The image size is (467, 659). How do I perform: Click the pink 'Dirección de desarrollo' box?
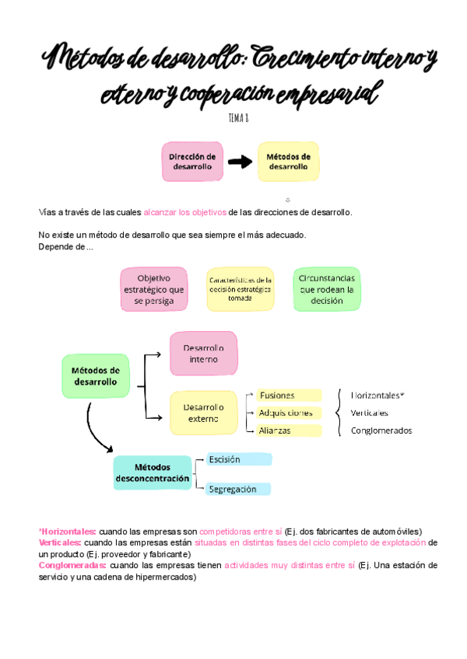pos(192,162)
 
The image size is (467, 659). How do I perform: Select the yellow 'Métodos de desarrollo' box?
pos(288,162)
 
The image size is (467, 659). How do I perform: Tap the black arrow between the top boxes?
pos(240,162)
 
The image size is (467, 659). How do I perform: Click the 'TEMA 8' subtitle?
pos(238,119)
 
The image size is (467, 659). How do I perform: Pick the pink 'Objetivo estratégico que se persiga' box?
pos(153,289)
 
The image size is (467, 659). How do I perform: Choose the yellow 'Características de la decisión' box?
pos(240,289)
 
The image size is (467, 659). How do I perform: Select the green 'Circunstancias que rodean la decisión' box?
pos(326,289)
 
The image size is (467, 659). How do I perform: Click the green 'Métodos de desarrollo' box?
pos(95,376)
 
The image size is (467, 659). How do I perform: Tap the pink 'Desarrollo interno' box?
pos(203,354)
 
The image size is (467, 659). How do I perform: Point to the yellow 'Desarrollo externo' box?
pos(203,413)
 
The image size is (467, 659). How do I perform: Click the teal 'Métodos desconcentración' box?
pos(152,473)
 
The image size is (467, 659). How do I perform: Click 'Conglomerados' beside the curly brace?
pos(381,431)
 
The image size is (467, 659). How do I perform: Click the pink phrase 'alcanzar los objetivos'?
pos(184,212)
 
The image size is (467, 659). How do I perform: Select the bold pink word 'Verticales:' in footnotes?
pos(59,542)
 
